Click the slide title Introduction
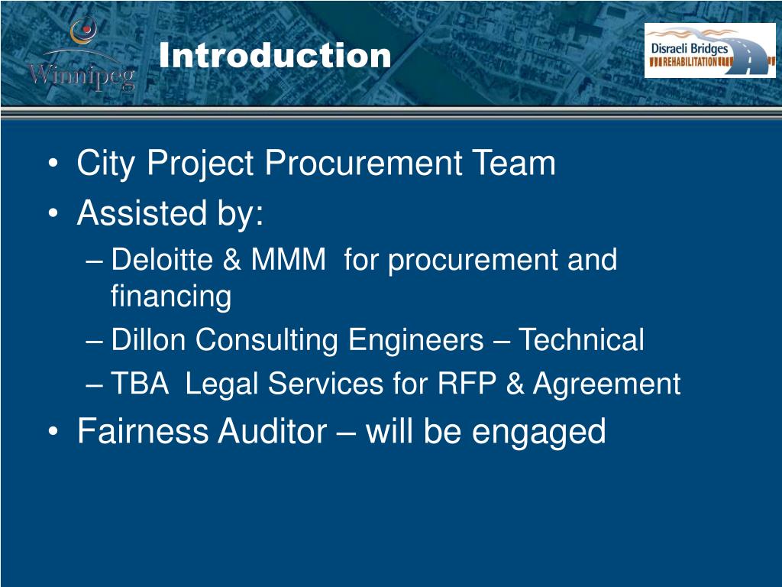pyautogui.click(x=275, y=56)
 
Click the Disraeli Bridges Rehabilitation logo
pyautogui.click(x=709, y=50)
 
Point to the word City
pyautogui.click(x=106, y=164)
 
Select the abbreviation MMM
pyautogui.click(x=288, y=260)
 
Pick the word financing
pyautogui.click(x=171, y=297)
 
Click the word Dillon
pyautogui.click(x=148, y=340)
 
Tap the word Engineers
pyautogui.click(x=415, y=340)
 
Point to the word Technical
pyautogui.click(x=581, y=340)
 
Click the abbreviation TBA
pyautogui.click(x=140, y=384)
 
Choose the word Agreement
pyautogui.click(x=606, y=384)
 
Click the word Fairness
pyautogui.click(x=143, y=432)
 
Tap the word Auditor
pyautogui.click(x=272, y=432)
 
